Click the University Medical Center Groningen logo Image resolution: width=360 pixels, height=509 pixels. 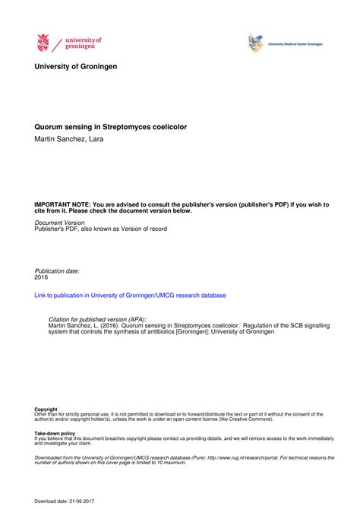pos(255,43)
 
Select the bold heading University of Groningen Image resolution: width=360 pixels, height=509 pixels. pos(76,67)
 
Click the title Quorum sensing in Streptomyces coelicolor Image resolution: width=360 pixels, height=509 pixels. pos(111,127)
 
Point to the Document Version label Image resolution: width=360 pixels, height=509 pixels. pos(59,223)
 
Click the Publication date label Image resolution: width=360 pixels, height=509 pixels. pos(57,270)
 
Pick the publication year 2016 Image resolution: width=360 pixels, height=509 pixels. pos(42,277)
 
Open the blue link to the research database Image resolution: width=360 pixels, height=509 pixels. pos(130,295)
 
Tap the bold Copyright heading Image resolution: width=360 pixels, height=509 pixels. pos(46,409)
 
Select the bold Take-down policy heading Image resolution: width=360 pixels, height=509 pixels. pos(55,434)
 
